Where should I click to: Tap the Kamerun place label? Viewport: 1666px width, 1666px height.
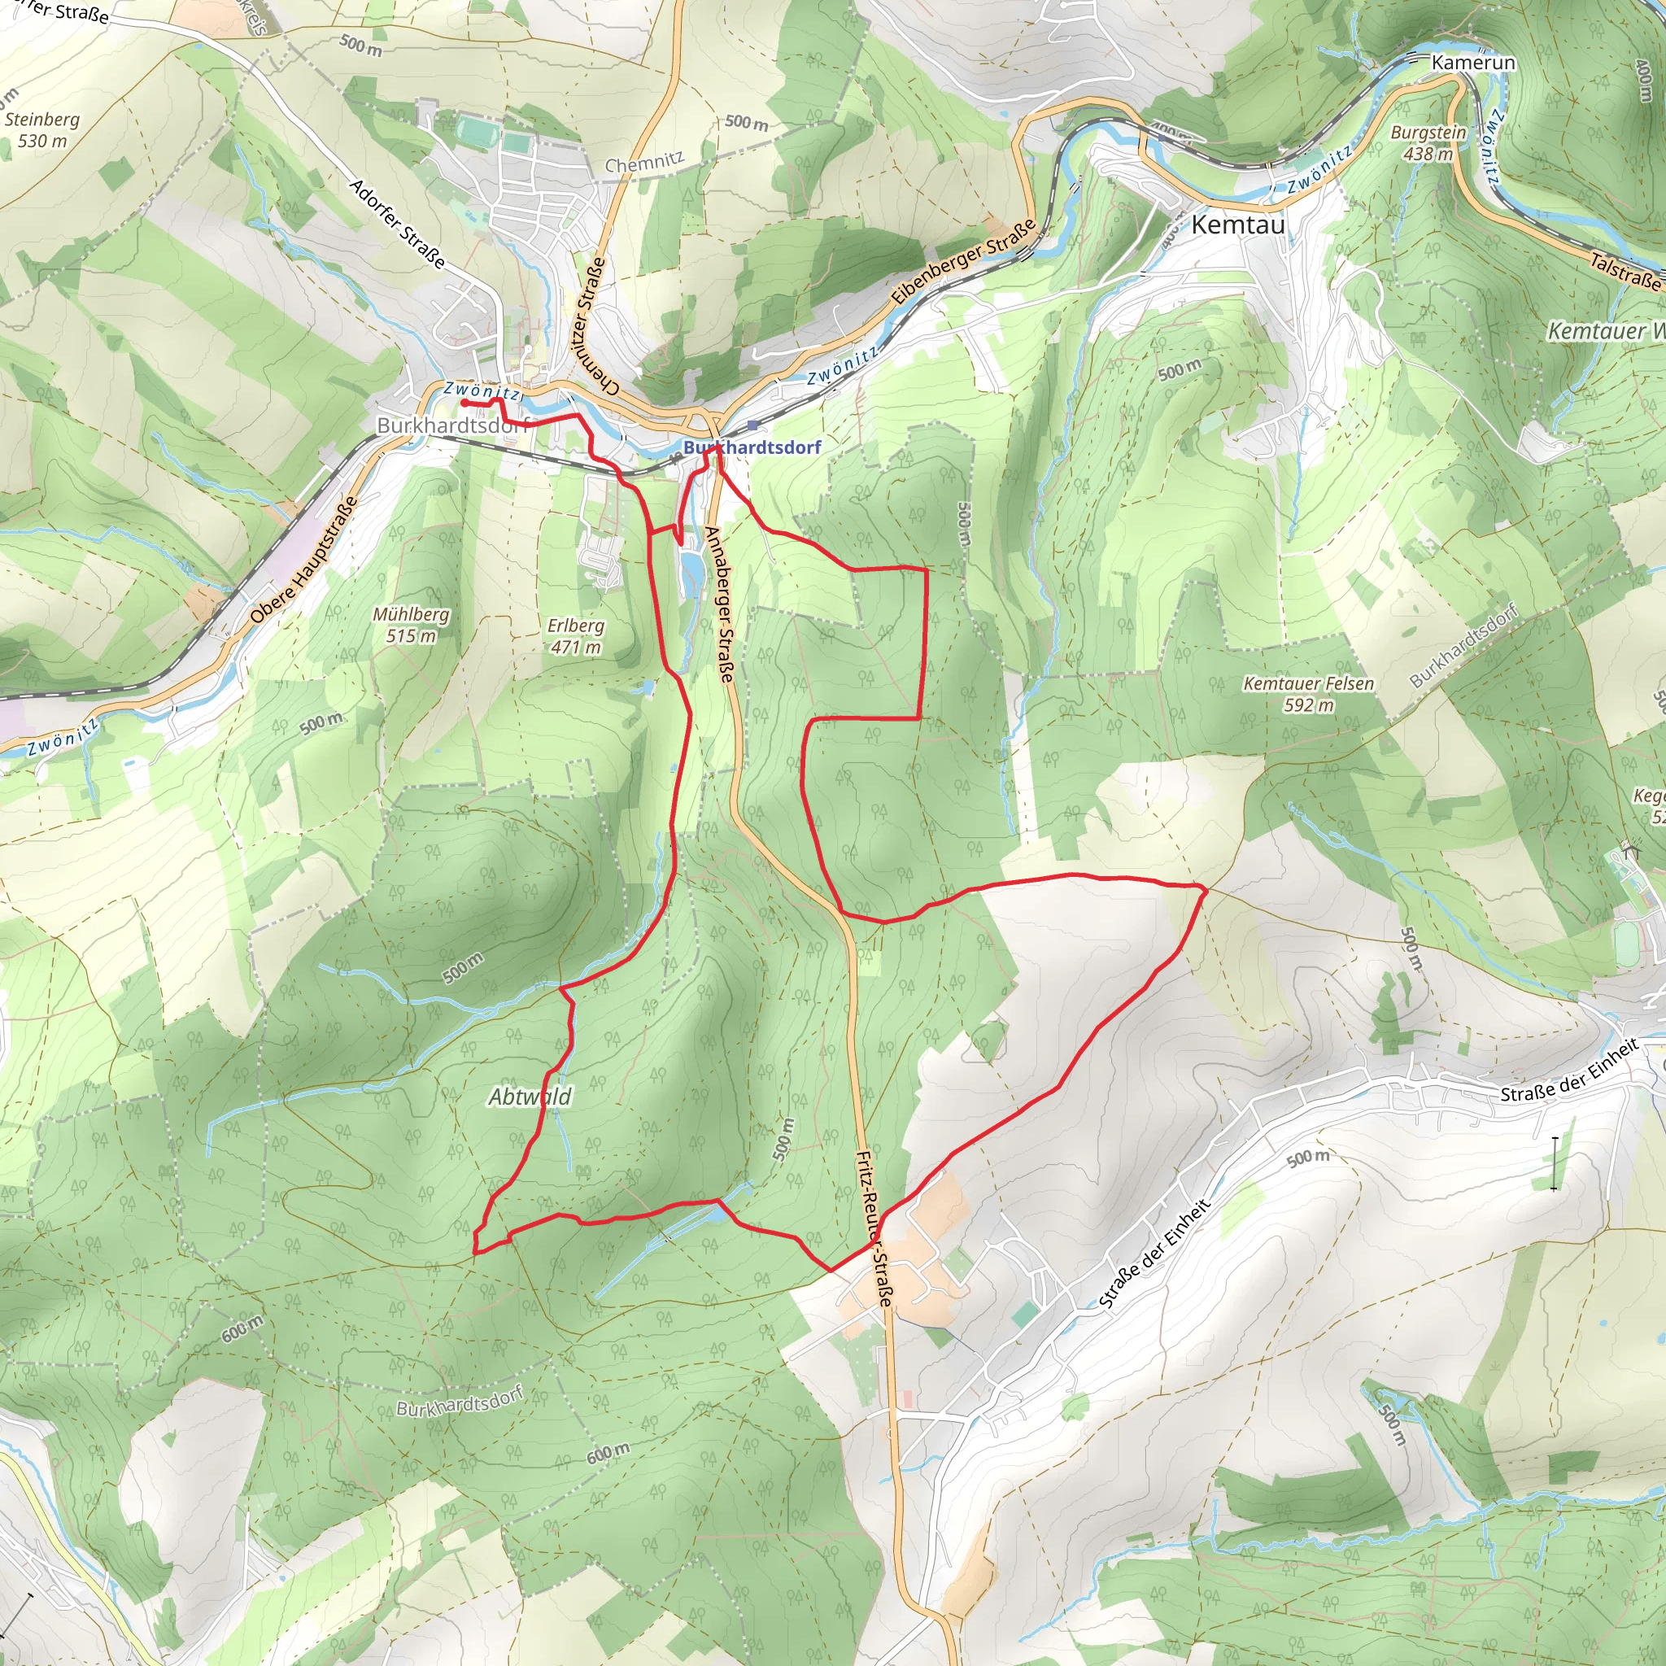click(x=1473, y=63)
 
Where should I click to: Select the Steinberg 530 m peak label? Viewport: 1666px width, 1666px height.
click(x=41, y=130)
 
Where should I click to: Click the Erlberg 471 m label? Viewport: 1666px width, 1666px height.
click(x=575, y=636)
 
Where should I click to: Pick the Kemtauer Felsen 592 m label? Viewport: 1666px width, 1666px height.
click(x=1308, y=694)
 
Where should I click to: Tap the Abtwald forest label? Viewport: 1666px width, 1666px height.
click(x=530, y=1097)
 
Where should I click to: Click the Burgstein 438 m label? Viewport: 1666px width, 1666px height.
click(x=1428, y=143)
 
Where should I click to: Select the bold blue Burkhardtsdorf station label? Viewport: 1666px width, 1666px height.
click(x=752, y=447)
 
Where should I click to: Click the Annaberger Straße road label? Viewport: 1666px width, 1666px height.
click(x=719, y=604)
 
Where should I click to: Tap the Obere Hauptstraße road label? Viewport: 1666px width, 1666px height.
click(x=303, y=560)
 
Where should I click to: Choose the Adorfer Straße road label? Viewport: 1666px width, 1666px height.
click(x=398, y=225)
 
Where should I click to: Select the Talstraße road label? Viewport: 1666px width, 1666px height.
click(x=1625, y=272)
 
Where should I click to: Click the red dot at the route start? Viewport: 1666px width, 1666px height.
click(x=464, y=403)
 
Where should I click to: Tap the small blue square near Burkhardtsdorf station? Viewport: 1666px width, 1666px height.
click(x=752, y=425)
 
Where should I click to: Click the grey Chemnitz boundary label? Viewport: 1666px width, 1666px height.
click(x=643, y=162)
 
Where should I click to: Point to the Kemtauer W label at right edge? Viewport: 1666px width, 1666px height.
click(x=1605, y=331)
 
